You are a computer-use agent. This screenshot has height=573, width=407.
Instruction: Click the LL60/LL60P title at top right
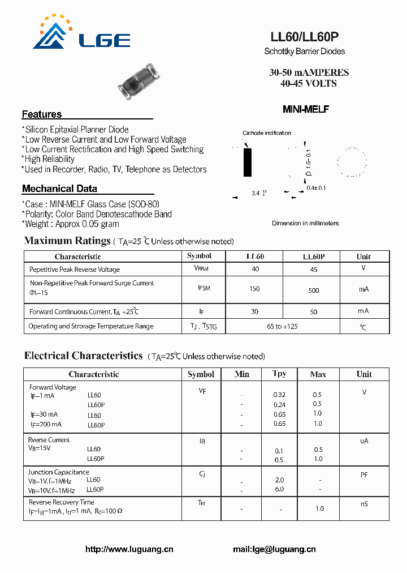pyautogui.click(x=305, y=37)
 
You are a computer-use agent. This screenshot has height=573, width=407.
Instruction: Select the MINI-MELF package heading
pyautogui.click(x=305, y=109)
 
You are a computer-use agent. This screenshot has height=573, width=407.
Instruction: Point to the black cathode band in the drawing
pyautogui.click(x=247, y=163)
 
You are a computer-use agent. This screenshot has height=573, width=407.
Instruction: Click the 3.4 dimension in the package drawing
pyautogui.click(x=256, y=194)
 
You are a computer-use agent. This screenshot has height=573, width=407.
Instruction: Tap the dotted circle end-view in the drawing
pyautogui.click(x=352, y=162)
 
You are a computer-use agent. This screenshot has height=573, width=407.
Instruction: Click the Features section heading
pyautogui.click(x=42, y=114)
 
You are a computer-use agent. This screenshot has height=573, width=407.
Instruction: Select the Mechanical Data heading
pyautogui.click(x=59, y=189)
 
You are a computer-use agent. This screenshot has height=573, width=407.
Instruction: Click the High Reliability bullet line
pyautogui.click(x=49, y=159)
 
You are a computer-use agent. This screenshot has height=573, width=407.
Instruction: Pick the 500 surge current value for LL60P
pyautogui.click(x=314, y=290)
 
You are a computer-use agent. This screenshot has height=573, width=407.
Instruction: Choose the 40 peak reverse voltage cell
pyautogui.click(x=256, y=270)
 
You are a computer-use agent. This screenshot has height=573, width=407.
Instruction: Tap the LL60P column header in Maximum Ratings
pyautogui.click(x=314, y=256)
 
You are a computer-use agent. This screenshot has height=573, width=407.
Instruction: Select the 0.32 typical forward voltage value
pyautogui.click(x=279, y=395)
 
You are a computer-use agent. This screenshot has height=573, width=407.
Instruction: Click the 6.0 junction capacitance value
pyautogui.click(x=279, y=489)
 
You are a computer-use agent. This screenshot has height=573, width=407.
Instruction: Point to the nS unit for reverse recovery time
pyautogui.click(x=364, y=503)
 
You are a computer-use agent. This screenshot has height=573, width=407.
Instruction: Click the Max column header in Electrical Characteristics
pyautogui.click(x=318, y=374)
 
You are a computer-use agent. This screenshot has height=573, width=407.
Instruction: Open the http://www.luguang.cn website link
pyautogui.click(x=129, y=549)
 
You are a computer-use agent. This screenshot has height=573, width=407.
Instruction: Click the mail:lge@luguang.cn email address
pyautogui.click(x=274, y=549)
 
